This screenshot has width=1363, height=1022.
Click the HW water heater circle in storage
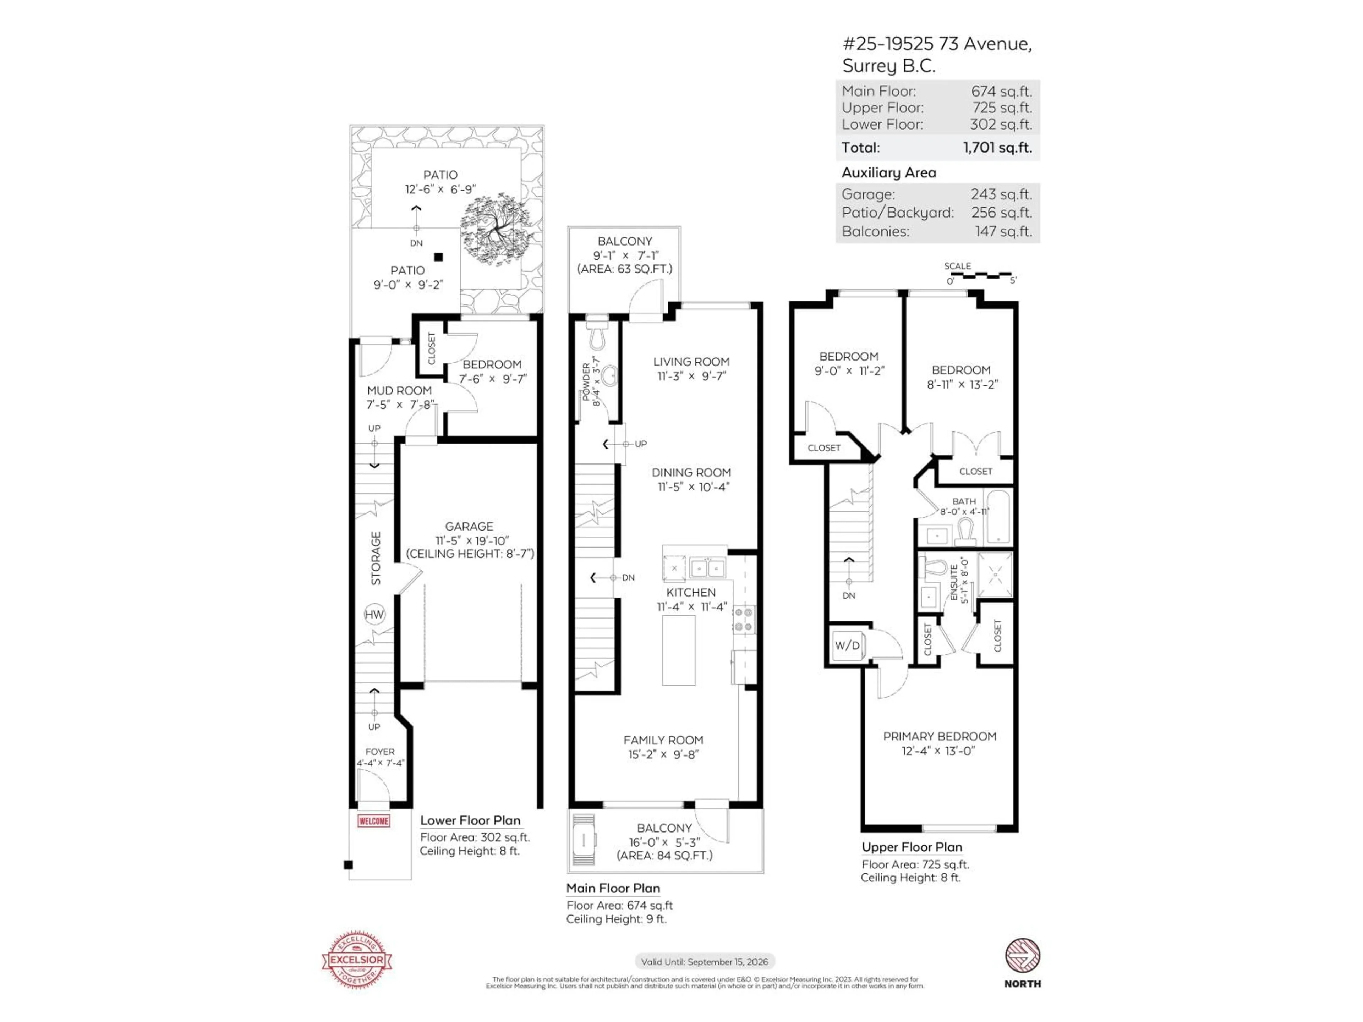pyautogui.click(x=374, y=614)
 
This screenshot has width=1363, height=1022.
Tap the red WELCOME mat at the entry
pyautogui.click(x=373, y=821)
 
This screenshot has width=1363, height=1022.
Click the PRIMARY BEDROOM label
pyautogui.click(x=939, y=736)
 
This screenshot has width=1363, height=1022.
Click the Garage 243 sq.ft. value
pyautogui.click(x=1001, y=194)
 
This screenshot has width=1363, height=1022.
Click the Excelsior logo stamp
pyautogui.click(x=357, y=960)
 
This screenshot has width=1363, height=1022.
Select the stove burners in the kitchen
pyautogui.click(x=744, y=620)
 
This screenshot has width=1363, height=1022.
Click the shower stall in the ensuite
pyautogui.click(x=995, y=575)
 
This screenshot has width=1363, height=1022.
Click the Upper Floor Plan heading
pyautogui.click(x=912, y=847)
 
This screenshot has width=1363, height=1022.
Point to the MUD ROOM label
pyautogui.click(x=399, y=390)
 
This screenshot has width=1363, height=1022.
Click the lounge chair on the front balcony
pyautogui.click(x=583, y=839)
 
